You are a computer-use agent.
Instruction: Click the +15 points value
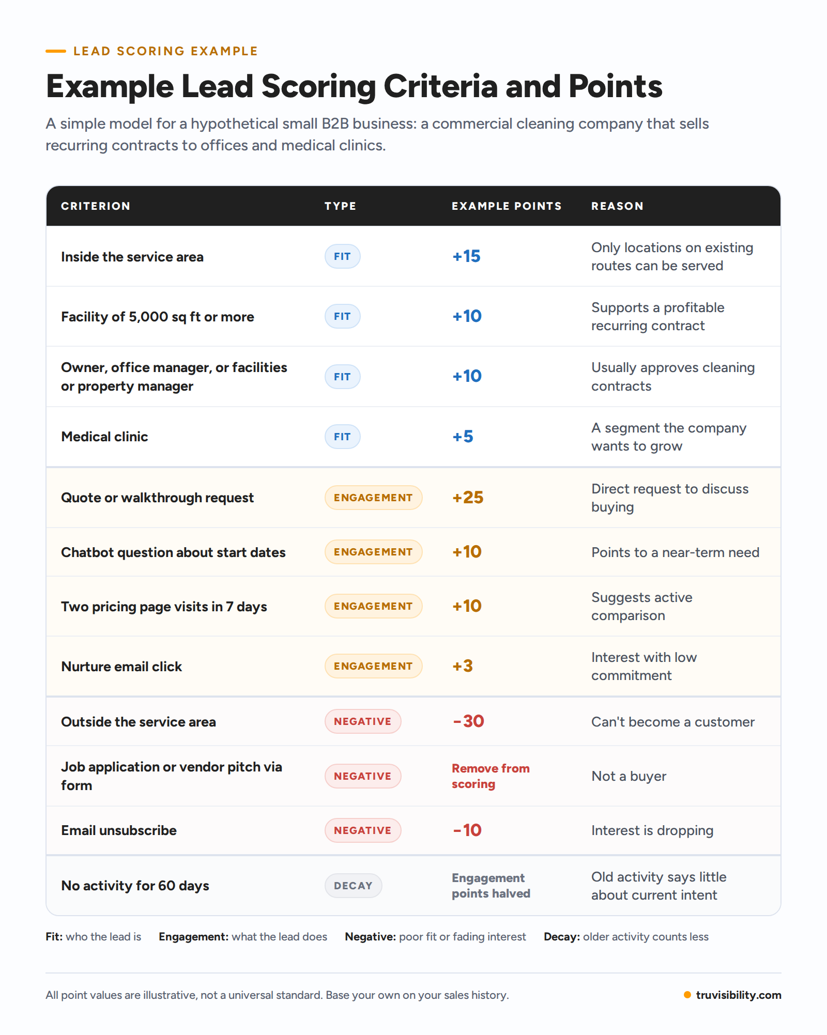466,256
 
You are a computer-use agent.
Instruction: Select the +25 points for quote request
468,498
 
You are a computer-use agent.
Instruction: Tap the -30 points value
468,721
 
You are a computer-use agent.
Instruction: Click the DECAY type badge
354,886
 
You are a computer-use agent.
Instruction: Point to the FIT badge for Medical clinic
342,437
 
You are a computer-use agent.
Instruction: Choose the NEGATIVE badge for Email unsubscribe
363,830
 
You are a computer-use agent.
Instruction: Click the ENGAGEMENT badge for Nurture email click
373,666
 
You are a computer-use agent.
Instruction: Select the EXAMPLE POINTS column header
507,206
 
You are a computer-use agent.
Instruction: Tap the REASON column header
617,206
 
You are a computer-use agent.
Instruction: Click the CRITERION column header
96,206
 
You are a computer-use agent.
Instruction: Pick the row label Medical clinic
104,437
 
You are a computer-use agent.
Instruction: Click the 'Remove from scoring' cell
491,776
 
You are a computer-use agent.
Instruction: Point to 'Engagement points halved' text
491,886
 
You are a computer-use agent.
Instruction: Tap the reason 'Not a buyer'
629,776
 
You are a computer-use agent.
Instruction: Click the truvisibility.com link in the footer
739,995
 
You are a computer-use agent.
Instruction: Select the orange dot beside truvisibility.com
687,995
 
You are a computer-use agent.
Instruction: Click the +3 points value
463,666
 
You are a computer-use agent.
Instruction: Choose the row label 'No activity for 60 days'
135,886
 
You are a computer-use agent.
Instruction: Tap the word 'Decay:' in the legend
562,937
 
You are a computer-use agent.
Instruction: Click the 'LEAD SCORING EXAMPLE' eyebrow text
165,51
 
